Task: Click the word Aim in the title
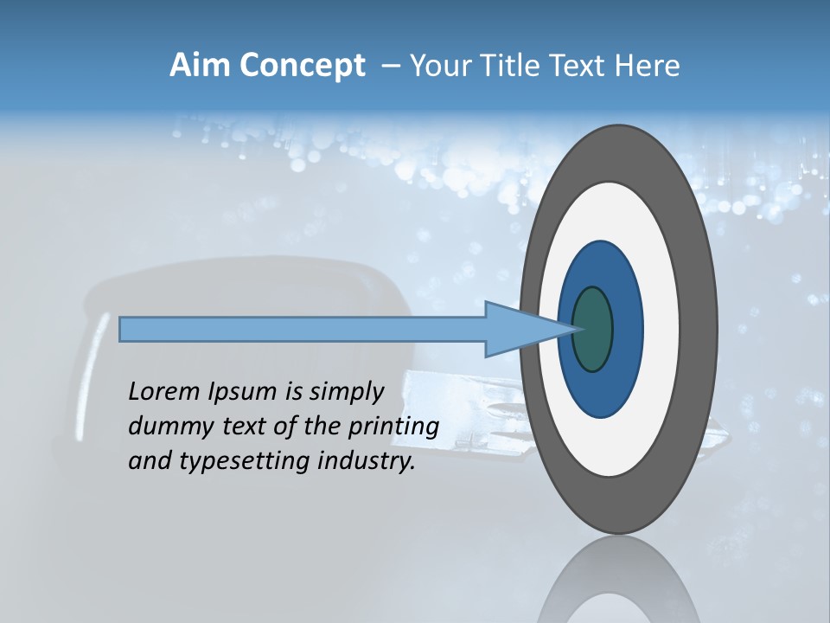click(199, 66)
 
